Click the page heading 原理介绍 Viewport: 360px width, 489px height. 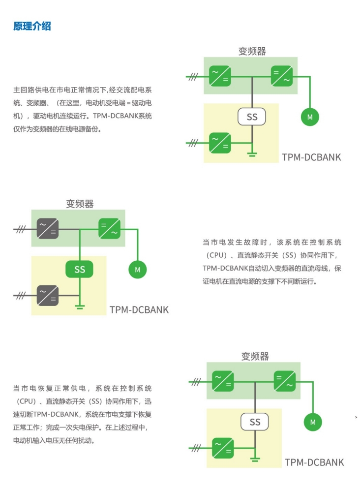32,26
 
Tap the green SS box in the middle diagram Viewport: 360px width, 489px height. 79,269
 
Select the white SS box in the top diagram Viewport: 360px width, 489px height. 252,117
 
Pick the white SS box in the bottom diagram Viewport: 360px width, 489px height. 255,422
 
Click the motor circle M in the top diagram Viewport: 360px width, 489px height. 310,117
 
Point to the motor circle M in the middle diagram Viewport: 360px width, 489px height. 138,270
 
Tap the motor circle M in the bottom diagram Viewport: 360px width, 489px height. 312,422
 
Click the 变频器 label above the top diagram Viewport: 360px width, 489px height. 252,51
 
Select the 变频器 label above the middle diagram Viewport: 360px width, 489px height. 80,203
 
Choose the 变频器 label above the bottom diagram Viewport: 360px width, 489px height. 255,356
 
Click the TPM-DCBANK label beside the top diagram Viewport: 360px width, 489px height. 311,157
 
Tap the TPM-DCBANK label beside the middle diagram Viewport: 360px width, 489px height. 139,310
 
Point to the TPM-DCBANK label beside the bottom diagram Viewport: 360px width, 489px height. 314,462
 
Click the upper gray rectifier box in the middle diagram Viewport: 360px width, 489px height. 48,229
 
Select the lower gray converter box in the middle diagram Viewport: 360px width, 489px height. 48,295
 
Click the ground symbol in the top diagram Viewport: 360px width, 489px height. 252,155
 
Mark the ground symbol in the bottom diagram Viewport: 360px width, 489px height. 255,460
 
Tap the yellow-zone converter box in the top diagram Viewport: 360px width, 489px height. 220,143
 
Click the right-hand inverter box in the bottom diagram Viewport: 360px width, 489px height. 285,381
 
